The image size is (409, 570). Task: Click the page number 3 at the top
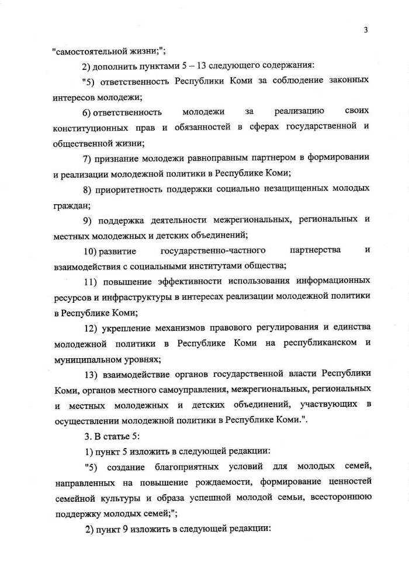click(x=365, y=30)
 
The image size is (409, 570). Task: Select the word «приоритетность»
click(x=129, y=189)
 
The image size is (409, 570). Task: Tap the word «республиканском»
click(x=320, y=343)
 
